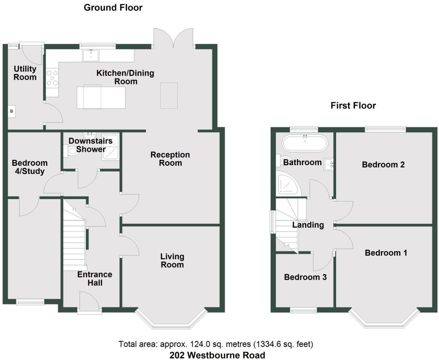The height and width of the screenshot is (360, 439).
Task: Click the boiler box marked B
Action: pos(11,112)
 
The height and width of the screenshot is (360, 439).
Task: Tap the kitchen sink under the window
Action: pos(91,55)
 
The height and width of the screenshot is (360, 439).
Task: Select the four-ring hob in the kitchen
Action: pos(52,78)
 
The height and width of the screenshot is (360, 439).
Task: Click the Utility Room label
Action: pos(25,73)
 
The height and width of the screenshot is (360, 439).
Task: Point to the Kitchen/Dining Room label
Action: pos(125,77)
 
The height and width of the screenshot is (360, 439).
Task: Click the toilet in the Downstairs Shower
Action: pos(72,151)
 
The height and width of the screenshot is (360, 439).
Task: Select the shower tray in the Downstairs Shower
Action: pos(110,147)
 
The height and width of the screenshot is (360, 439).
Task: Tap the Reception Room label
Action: pos(170,159)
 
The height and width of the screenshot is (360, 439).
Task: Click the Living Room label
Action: pos(172,261)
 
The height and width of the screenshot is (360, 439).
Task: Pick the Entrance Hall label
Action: pos(95,279)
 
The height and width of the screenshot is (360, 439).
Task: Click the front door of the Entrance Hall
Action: pos(89,302)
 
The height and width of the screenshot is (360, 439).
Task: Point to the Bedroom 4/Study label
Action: pos(29,167)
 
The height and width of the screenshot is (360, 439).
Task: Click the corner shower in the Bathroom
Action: pos(287,184)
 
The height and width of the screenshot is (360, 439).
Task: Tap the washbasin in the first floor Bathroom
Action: pos(328,165)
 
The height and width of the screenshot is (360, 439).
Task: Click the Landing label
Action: pos(308,225)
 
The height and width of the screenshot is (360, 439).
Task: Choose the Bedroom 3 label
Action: pos(305,277)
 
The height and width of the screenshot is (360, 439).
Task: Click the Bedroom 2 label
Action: pos(383,165)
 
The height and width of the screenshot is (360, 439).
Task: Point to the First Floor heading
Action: pos(353,105)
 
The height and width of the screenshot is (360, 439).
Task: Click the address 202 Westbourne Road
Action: pos(217,355)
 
